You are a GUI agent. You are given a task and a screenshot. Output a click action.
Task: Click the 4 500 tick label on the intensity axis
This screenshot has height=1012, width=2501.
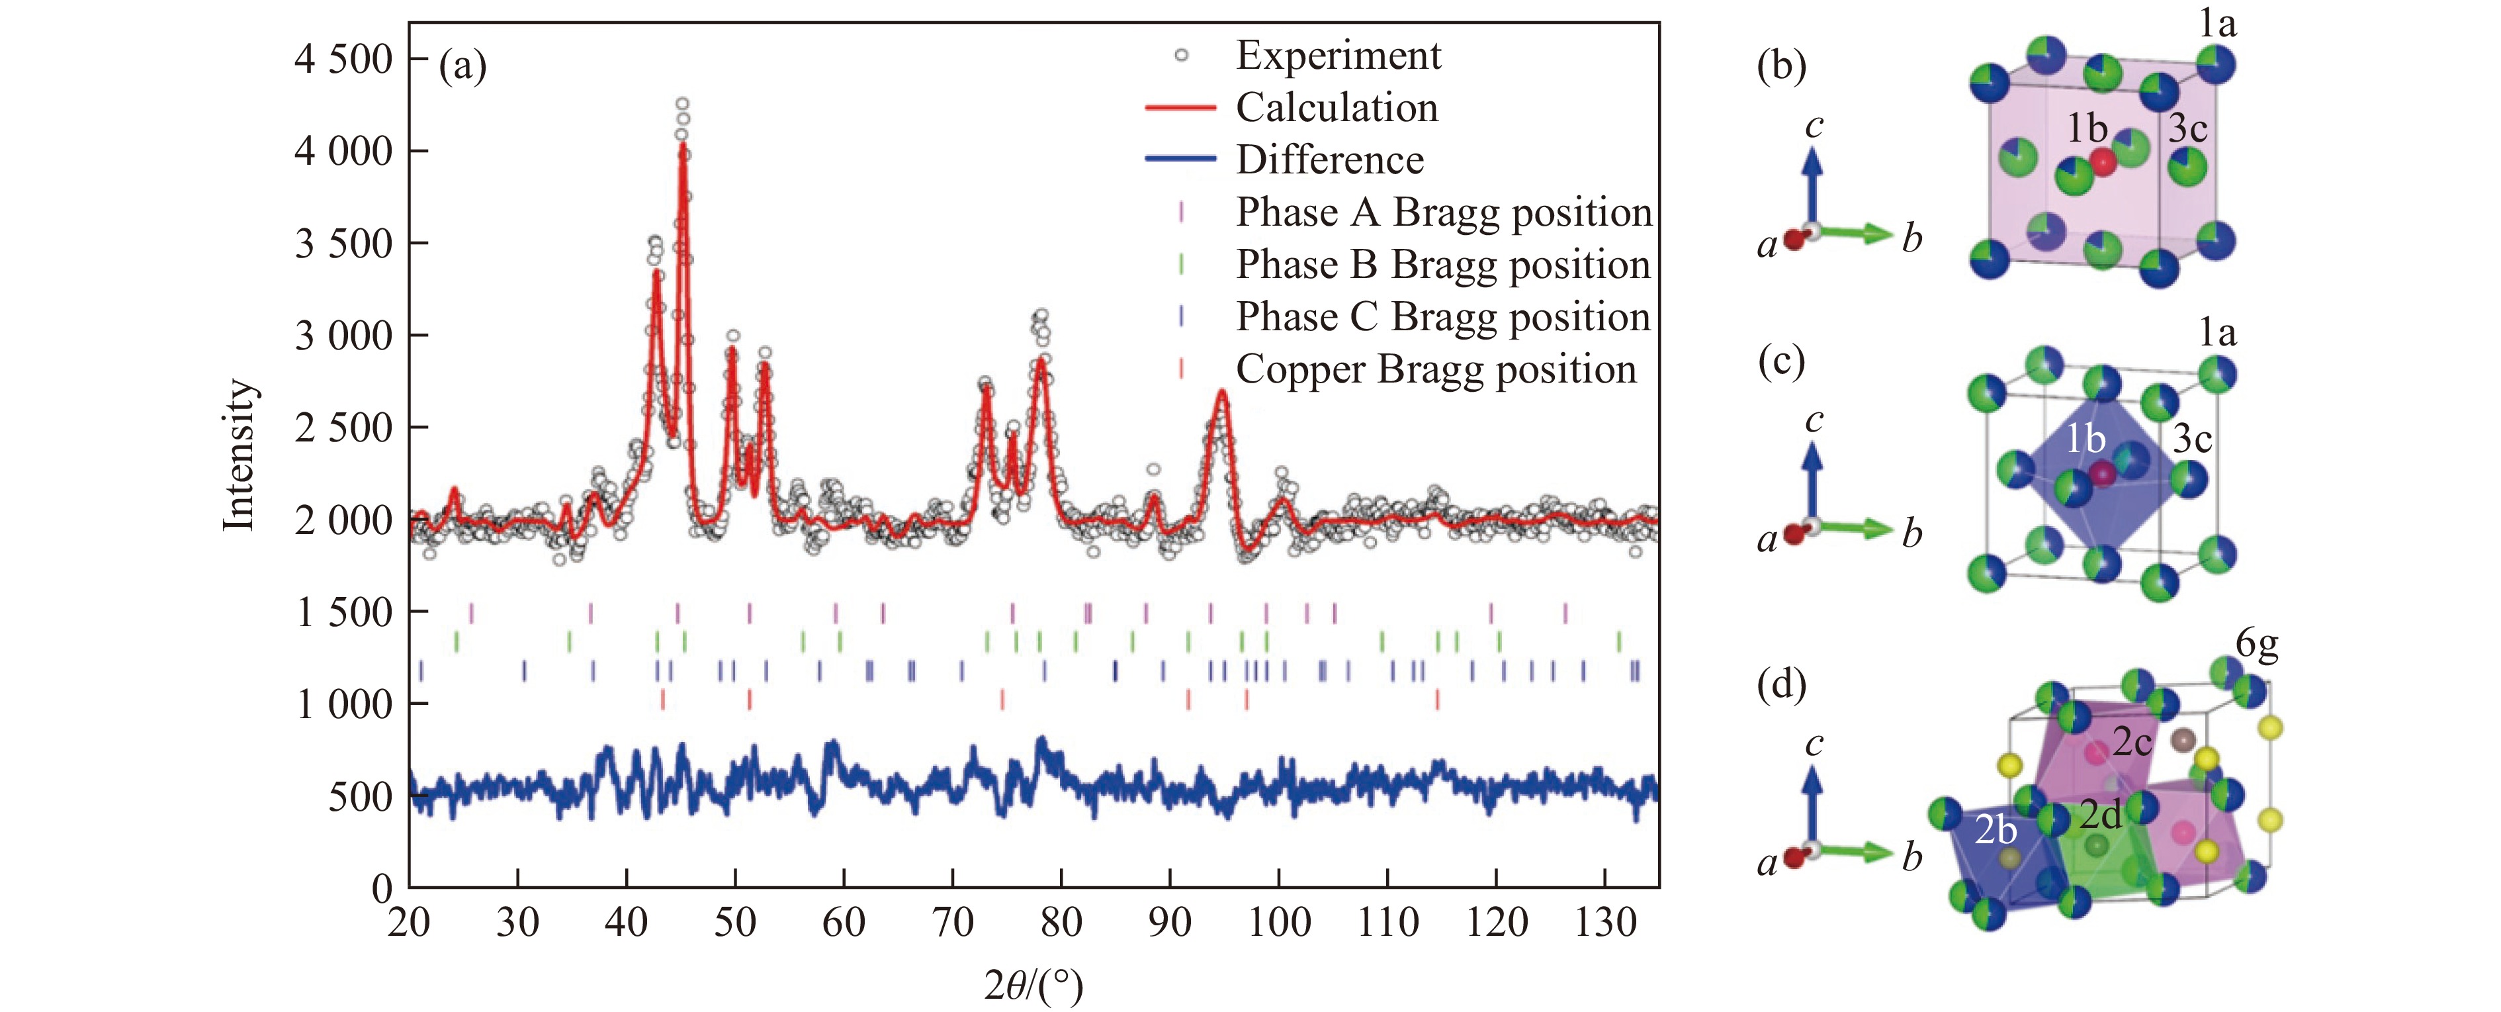[x=343, y=60]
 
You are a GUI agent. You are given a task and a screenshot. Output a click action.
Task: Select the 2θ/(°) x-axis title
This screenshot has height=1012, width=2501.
[x=1033, y=986]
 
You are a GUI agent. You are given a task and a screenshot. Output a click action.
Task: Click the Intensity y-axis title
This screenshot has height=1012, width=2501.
[x=239, y=455]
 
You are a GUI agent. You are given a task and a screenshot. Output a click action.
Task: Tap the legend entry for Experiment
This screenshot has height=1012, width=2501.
[x=1338, y=56]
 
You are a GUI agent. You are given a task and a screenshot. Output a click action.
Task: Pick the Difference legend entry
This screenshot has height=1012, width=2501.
[x=1329, y=160]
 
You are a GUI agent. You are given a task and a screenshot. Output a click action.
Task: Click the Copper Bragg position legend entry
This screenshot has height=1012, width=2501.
[x=1435, y=370]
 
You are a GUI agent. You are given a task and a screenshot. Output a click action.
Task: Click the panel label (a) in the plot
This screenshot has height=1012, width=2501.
[x=462, y=66]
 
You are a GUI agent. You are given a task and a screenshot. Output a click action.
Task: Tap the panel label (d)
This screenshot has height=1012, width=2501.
[x=1782, y=684]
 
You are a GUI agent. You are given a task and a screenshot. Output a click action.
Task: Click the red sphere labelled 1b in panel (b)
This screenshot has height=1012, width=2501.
[x=2102, y=162]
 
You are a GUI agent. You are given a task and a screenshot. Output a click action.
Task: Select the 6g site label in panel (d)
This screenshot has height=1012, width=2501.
[x=2256, y=644]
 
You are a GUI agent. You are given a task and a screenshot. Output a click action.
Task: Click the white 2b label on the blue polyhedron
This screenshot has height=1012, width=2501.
[x=1996, y=831]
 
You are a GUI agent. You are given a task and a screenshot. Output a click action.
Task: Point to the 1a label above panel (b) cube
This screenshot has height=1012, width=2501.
[x=2218, y=23]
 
